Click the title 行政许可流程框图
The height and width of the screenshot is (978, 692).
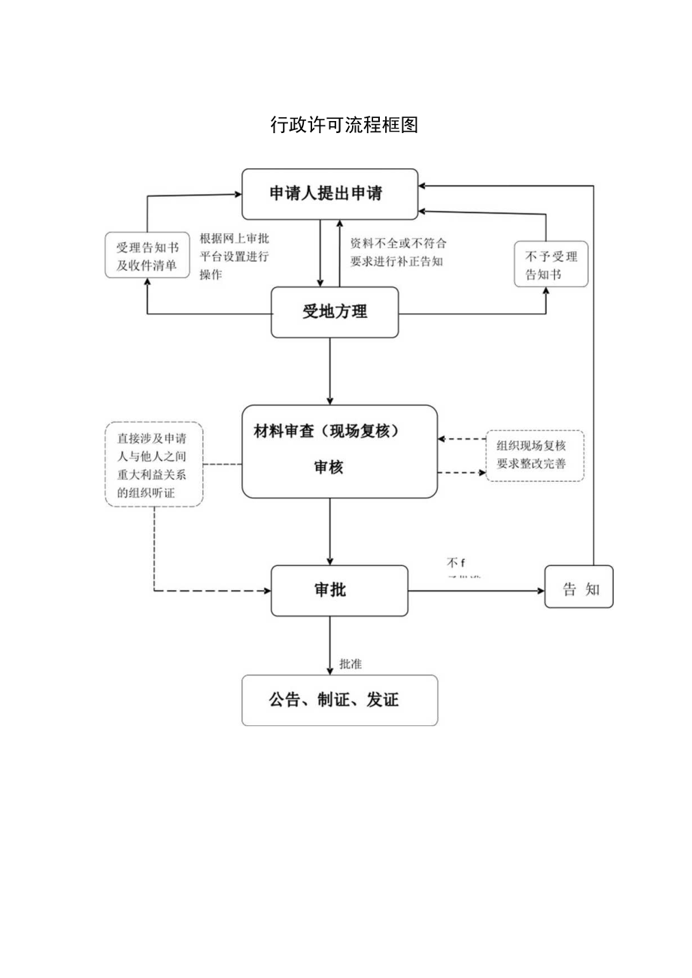pyautogui.click(x=344, y=125)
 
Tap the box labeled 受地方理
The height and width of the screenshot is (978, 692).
pyautogui.click(x=335, y=312)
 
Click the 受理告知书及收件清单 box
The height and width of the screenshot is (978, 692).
pyautogui.click(x=147, y=256)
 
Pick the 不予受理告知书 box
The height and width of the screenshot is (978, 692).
pyautogui.click(x=551, y=265)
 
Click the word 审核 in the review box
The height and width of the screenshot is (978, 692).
pyautogui.click(x=328, y=467)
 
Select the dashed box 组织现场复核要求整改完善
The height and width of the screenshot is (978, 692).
pyautogui.click(x=534, y=456)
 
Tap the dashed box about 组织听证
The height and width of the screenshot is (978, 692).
pyautogui.click(x=154, y=465)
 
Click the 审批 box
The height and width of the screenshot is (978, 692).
pyautogui.click(x=338, y=591)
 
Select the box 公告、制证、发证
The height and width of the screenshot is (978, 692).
pyautogui.click(x=339, y=700)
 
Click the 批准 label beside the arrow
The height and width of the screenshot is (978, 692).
pyautogui.click(x=351, y=664)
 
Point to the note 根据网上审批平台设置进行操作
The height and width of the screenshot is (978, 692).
pyautogui.click(x=234, y=256)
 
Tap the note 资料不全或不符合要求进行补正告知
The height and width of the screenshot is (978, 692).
pyautogui.click(x=398, y=253)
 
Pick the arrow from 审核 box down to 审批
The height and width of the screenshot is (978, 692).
pyautogui.click(x=330, y=531)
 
